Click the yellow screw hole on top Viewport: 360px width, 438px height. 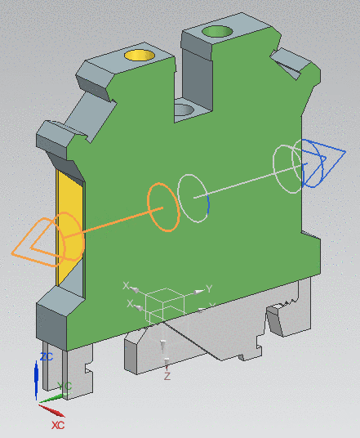pyautogui.click(x=140, y=56)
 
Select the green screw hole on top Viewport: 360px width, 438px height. pyautogui.click(x=217, y=32)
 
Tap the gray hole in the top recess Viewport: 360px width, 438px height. pyautogui.click(x=184, y=109)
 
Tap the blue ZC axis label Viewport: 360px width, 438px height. pyautogui.click(x=47, y=357)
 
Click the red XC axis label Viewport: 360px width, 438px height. pyautogui.click(x=58, y=426)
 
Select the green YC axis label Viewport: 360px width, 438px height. pyautogui.click(x=66, y=387)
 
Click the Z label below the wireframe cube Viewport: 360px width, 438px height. pyautogui.click(x=167, y=377)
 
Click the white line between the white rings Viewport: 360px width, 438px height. pyautogui.click(x=245, y=183)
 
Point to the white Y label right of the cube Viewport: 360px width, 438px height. pyautogui.click(x=209, y=289)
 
